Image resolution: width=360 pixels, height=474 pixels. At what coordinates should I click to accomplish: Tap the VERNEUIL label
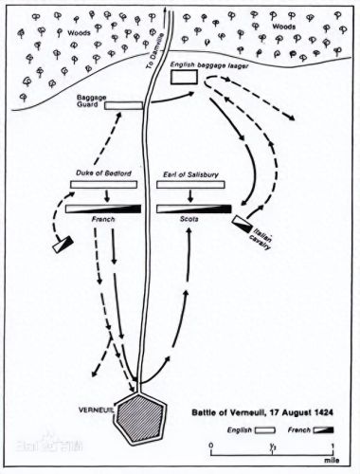96,410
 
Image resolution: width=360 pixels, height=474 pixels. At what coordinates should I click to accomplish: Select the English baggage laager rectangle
184,77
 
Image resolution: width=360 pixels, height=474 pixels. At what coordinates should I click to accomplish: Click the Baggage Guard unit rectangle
124,105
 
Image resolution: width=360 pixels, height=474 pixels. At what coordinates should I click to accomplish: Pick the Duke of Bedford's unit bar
103,184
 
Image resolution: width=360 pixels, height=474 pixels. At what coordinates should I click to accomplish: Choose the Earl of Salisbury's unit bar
190,184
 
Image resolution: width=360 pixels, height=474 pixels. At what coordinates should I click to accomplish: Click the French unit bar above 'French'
103,209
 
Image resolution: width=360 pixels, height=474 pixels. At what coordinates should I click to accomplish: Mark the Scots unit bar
194,209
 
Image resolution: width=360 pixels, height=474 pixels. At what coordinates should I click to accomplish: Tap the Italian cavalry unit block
243,225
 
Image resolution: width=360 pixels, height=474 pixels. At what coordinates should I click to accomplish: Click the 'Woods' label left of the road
79,32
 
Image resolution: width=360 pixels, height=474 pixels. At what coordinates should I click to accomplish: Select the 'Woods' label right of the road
284,27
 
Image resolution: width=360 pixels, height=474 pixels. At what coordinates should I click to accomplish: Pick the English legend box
265,430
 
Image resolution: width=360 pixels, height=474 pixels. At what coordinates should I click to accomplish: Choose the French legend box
323,429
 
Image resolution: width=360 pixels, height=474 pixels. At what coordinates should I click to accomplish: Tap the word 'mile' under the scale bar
332,461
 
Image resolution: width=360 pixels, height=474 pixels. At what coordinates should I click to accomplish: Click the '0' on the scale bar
211,446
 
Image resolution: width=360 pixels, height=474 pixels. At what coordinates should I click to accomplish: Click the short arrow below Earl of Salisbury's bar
190,196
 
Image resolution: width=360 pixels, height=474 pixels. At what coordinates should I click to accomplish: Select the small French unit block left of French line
63,245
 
